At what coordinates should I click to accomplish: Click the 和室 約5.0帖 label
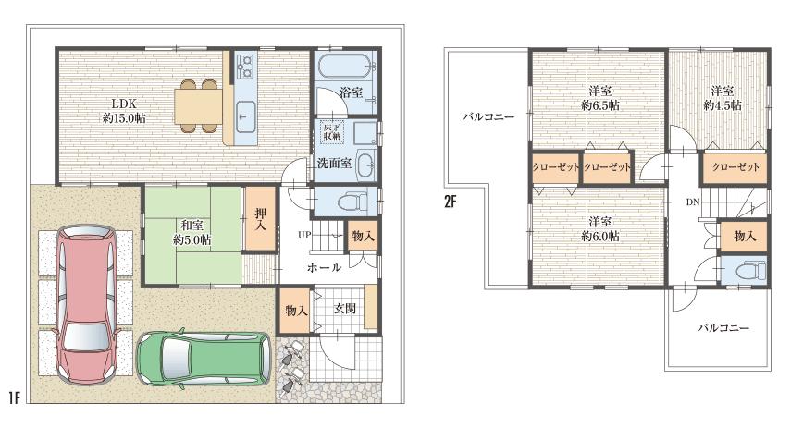193,230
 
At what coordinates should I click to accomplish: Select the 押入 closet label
261,220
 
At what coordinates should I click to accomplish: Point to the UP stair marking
303,236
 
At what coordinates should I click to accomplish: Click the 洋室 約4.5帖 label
723,98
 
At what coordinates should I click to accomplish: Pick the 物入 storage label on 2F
745,236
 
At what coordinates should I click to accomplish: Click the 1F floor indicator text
14,398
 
